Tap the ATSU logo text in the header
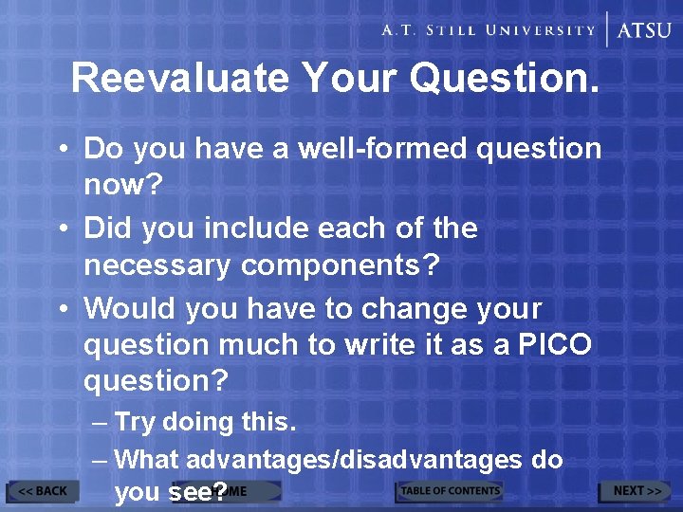coord(644,29)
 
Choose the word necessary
coord(157,265)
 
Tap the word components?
coord(341,265)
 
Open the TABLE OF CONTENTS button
coord(449,491)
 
